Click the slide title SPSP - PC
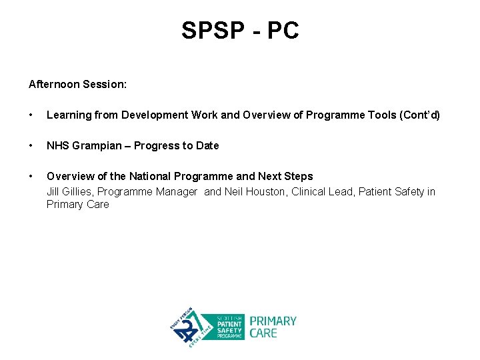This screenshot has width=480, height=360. (x=240, y=30)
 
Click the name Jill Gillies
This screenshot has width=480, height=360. (x=69, y=192)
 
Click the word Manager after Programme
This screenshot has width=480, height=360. (x=177, y=192)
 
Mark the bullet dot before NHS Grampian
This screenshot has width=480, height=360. (x=31, y=146)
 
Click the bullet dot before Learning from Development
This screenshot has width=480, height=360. (x=31, y=115)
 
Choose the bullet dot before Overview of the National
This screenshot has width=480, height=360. (x=31, y=177)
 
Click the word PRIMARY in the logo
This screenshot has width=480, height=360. (x=273, y=321)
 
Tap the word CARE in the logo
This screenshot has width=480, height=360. (x=263, y=333)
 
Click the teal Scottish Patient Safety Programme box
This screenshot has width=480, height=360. (x=223, y=327)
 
